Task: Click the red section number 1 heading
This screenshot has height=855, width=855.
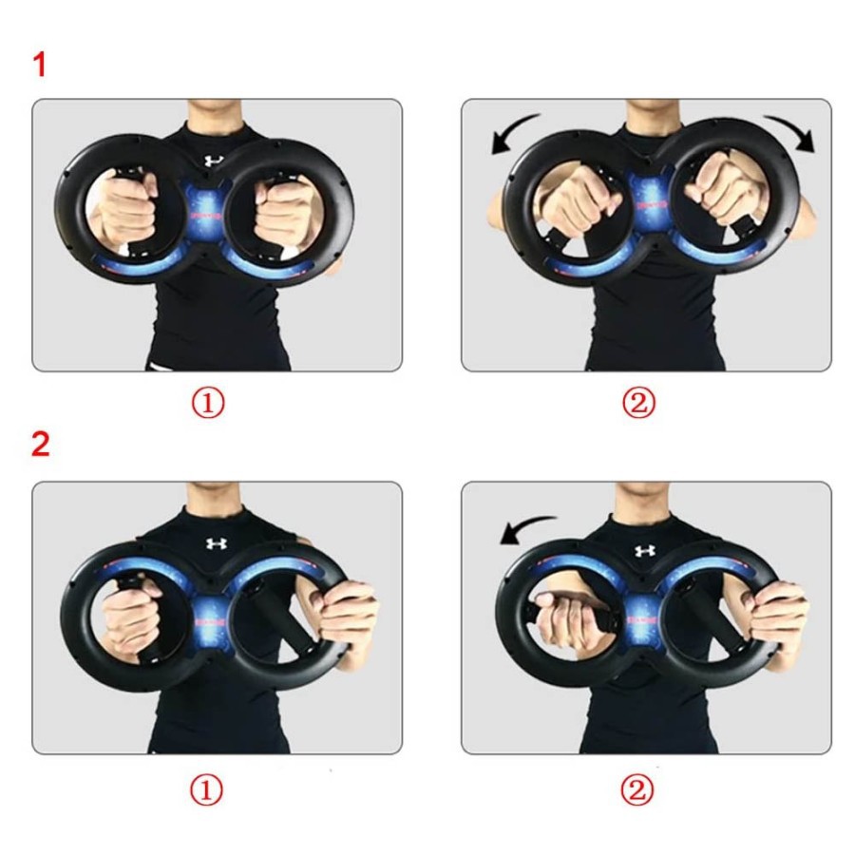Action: (39, 65)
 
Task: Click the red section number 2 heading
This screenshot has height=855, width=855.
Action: (41, 445)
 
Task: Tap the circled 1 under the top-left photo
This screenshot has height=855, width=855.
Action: (208, 403)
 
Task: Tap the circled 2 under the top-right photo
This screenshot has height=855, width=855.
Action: (638, 403)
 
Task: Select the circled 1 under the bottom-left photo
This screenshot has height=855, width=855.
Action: (206, 789)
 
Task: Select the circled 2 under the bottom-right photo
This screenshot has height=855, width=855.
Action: (636, 789)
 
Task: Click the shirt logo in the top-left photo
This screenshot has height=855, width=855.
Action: (214, 161)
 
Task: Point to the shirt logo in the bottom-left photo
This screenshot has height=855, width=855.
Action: (216, 543)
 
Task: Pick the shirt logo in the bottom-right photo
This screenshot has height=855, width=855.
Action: (645, 551)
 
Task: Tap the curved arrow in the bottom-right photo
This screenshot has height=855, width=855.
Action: (523, 526)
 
